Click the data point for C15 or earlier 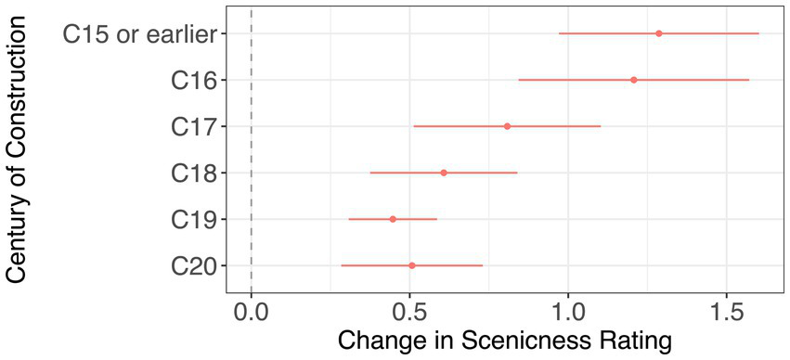(659, 33)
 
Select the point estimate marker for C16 (634, 80)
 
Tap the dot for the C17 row (507, 126)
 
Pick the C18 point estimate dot (444, 173)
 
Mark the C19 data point (393, 219)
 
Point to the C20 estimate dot (412, 265)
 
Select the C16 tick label (193, 81)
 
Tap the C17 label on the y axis (193, 127)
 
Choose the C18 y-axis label (193, 174)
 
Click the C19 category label (193, 220)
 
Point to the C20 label (193, 266)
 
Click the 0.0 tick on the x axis (252, 309)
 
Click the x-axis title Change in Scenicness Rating (504, 341)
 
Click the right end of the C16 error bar (748, 80)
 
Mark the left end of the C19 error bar (349, 219)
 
